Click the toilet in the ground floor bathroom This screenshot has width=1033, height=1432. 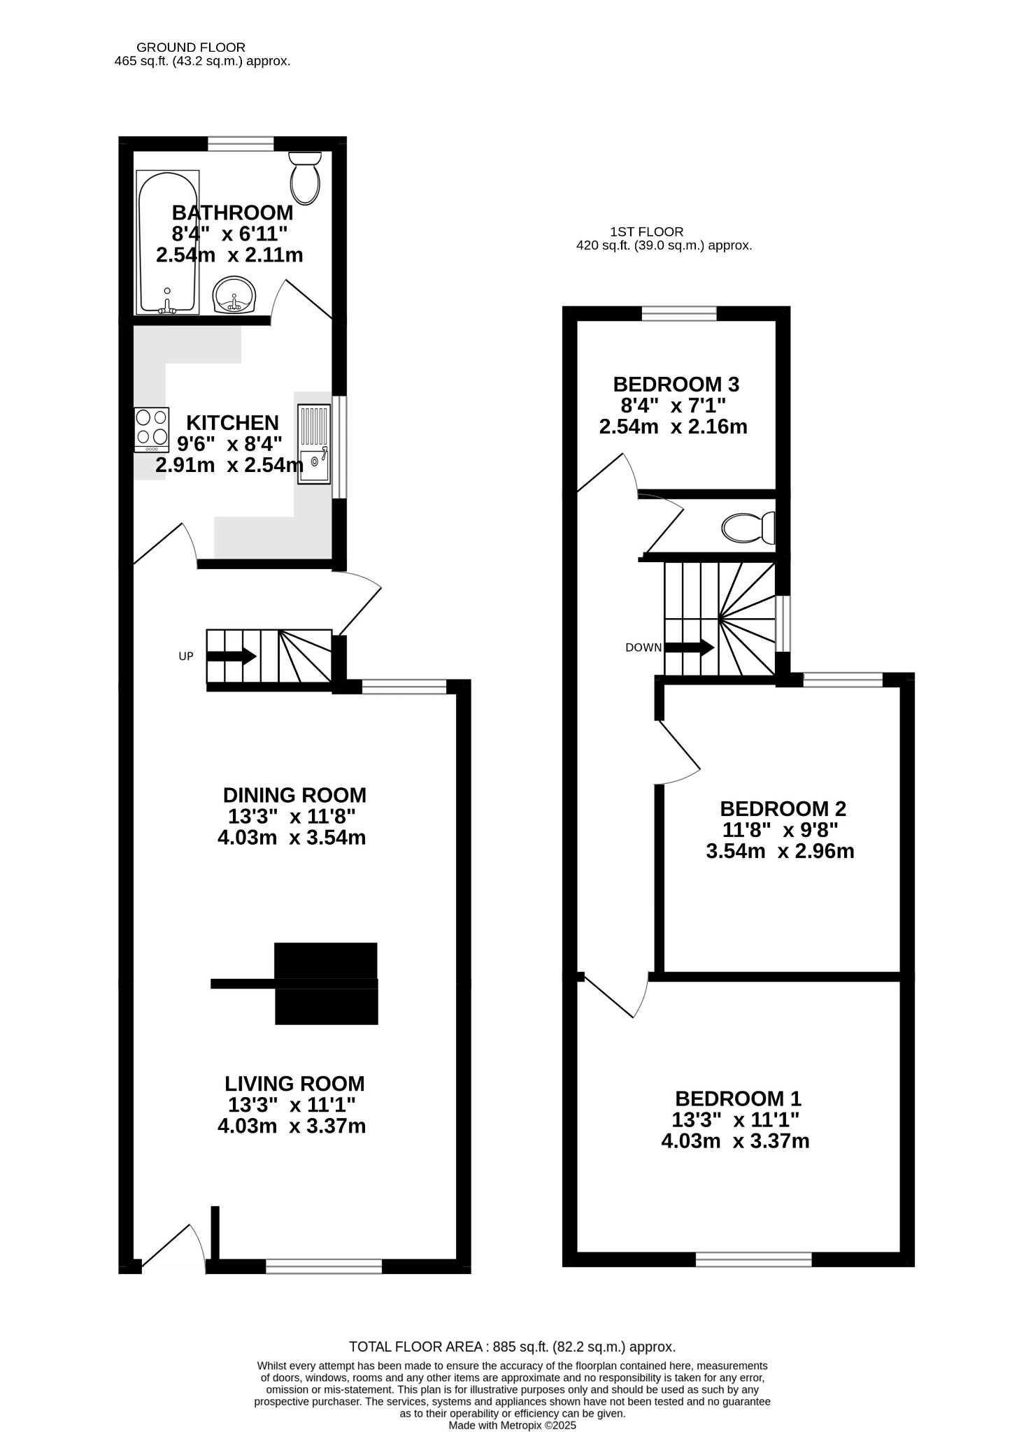pyautogui.click(x=305, y=178)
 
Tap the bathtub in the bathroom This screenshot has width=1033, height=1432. pyautogui.click(x=168, y=242)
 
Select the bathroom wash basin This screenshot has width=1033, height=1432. pyautogui.click(x=236, y=295)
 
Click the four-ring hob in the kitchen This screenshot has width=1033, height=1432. pyautogui.click(x=152, y=430)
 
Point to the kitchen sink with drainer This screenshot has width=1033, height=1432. pyautogui.click(x=314, y=444)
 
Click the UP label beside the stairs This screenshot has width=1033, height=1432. pyautogui.click(x=186, y=657)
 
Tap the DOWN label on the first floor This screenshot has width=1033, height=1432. pyautogui.click(x=643, y=647)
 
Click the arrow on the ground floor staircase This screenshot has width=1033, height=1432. pyautogui.click(x=231, y=657)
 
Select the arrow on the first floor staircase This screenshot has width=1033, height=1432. pyautogui.click(x=690, y=647)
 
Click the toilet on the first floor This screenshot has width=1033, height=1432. pyautogui.click(x=748, y=528)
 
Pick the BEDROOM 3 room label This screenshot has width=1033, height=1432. pyautogui.click(x=676, y=384)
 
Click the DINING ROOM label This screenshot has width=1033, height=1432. pyautogui.click(x=294, y=795)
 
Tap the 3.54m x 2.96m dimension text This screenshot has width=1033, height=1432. pyautogui.click(x=781, y=851)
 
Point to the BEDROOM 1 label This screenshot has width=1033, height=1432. pyautogui.click(x=739, y=1098)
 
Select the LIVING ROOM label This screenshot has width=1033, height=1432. pyautogui.click(x=294, y=1084)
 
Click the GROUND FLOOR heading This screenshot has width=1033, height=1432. pyautogui.click(x=191, y=48)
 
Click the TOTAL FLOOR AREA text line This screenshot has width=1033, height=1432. pyautogui.click(x=513, y=1347)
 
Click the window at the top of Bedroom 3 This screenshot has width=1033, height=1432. pyautogui.click(x=680, y=313)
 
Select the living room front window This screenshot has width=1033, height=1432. pyautogui.click(x=324, y=1266)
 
